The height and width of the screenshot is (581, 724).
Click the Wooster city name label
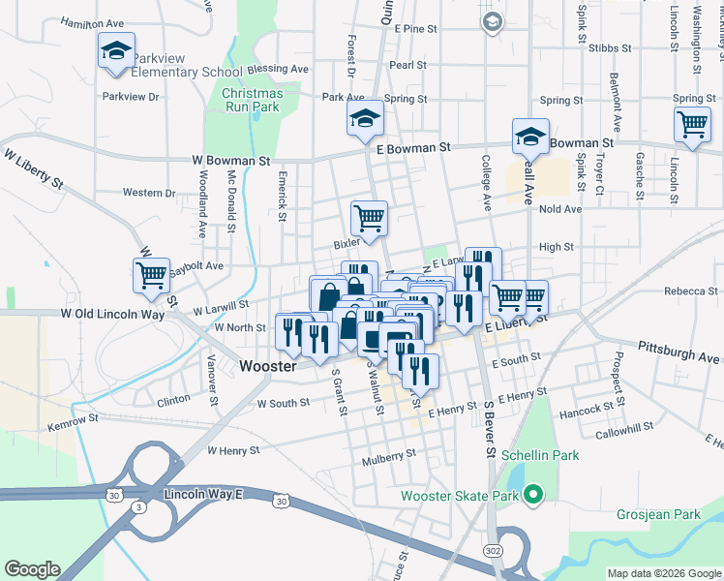(x=267, y=366)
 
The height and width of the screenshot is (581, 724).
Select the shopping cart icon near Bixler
(x=369, y=218)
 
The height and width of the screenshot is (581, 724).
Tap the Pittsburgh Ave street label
(x=679, y=351)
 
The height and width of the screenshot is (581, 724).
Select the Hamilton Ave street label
(x=92, y=21)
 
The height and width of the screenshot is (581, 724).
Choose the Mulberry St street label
(x=391, y=452)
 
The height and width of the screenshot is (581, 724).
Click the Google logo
(x=32, y=569)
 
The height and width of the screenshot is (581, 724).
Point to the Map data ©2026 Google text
(x=664, y=573)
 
